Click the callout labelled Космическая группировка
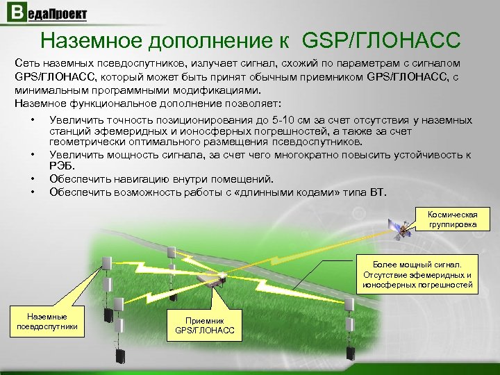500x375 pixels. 452,219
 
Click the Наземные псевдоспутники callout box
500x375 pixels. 48,321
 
